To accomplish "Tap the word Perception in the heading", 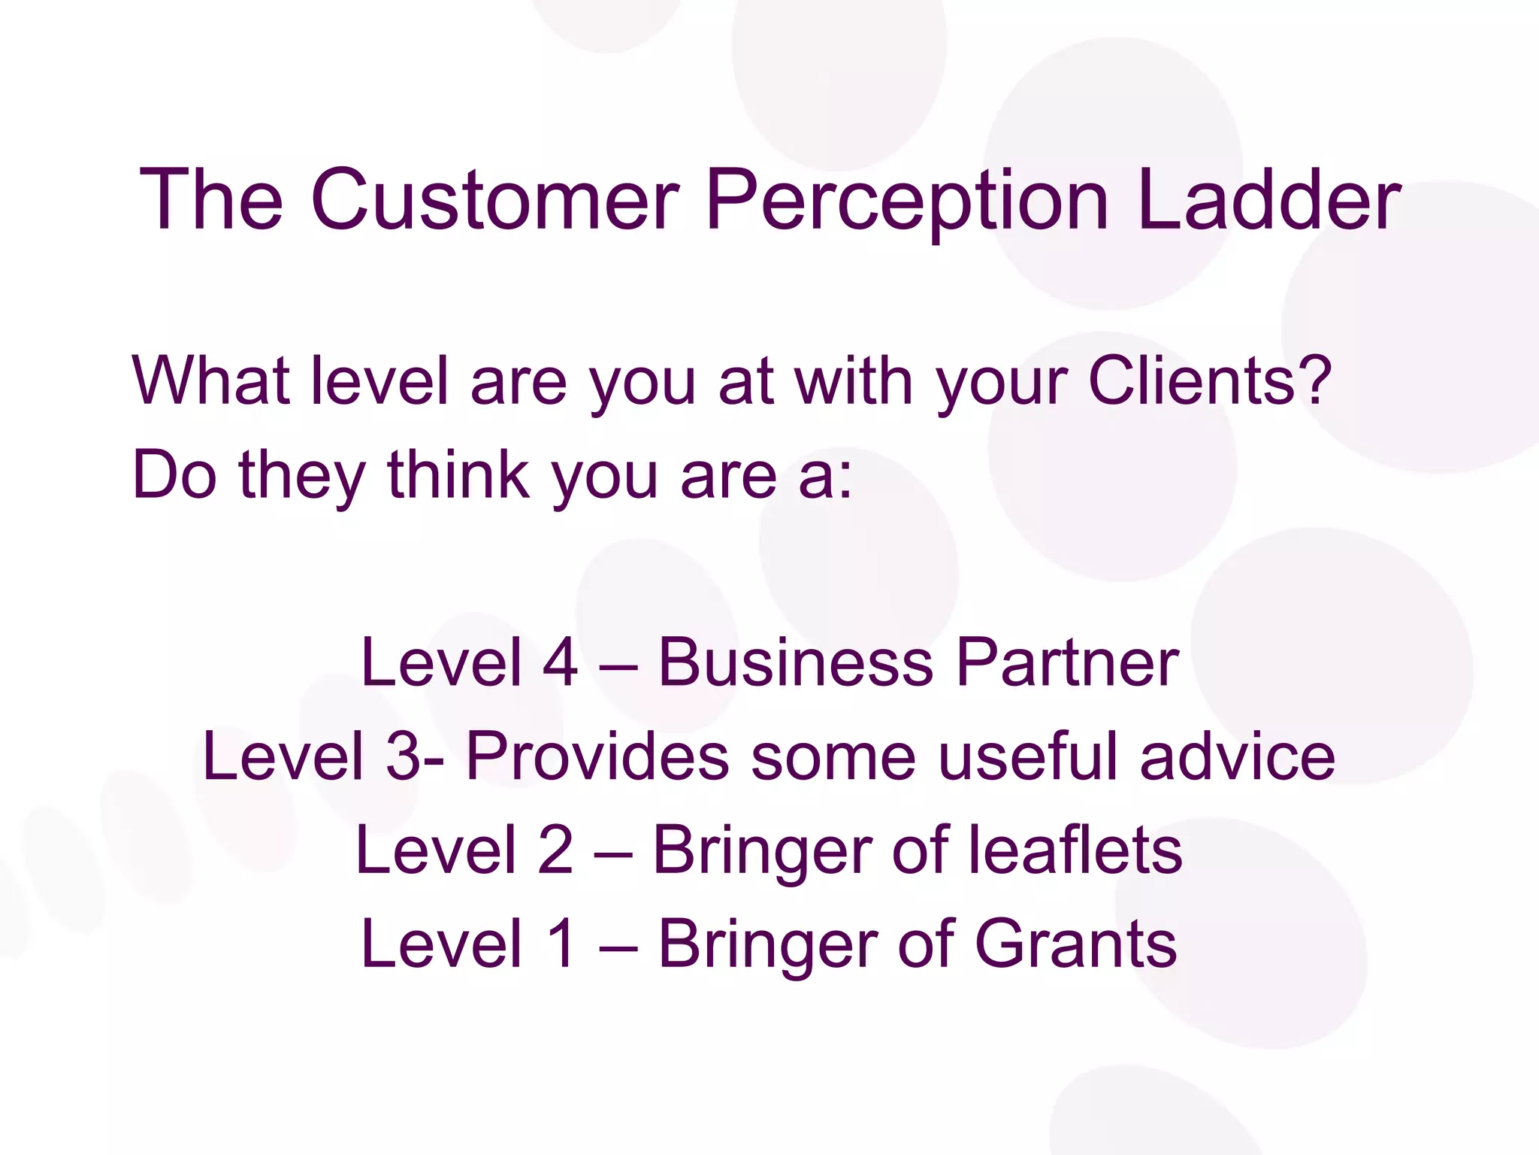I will click(x=907, y=202).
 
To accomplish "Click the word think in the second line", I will click(x=458, y=474).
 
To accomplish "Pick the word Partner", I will click(x=1067, y=662).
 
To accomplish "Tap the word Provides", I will click(x=597, y=756).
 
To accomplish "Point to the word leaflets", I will click(x=1075, y=850).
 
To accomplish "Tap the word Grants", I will click(x=1075, y=944).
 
